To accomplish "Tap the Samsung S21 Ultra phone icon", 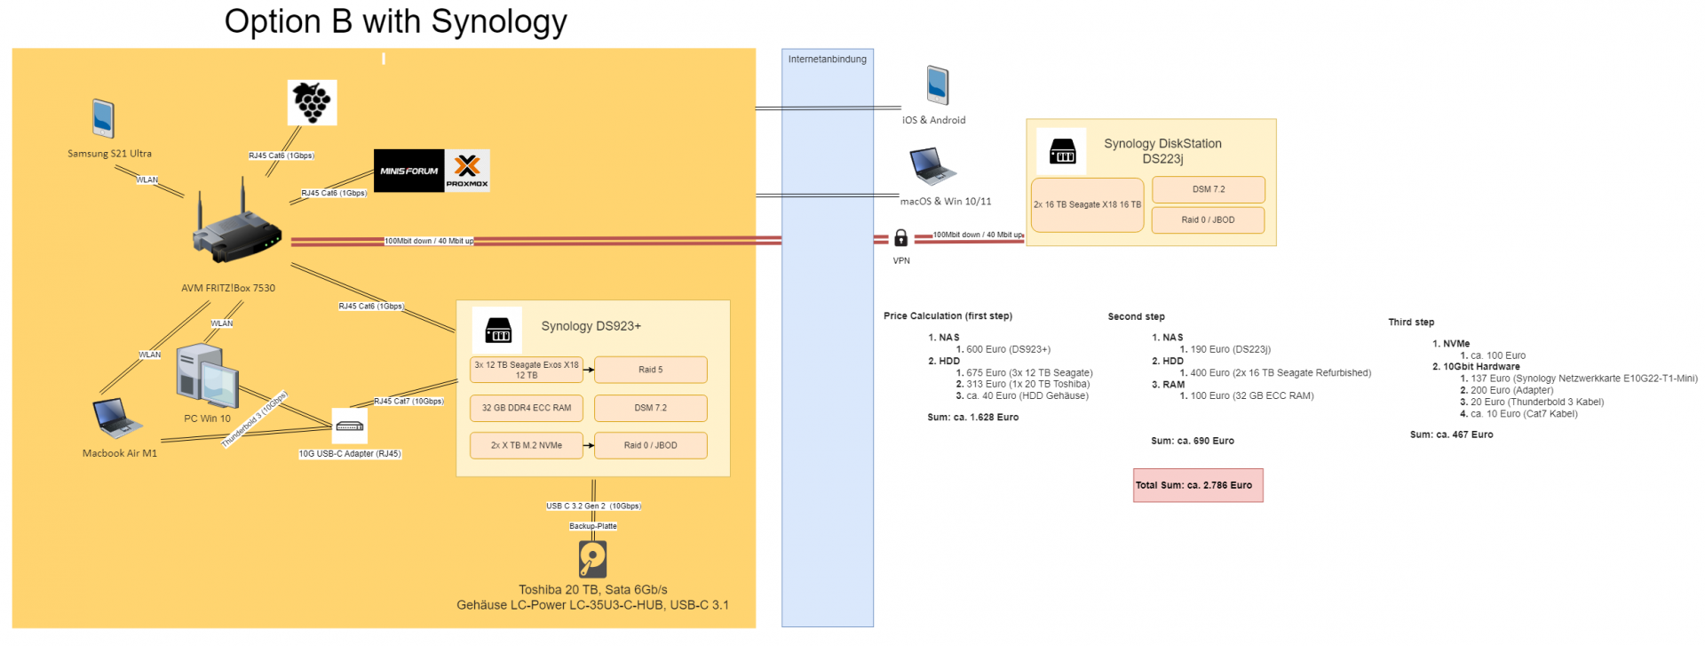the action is [103, 118].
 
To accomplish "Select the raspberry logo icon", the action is [312, 102].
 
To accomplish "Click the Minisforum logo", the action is [409, 171].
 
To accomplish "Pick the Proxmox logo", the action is [467, 171].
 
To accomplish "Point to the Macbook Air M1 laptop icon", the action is [117, 419].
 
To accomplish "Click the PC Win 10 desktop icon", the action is [207, 376].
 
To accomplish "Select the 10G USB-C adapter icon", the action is [350, 426].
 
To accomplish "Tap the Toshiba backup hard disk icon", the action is [592, 560].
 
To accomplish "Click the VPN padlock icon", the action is [900, 238].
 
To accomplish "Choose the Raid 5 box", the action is [651, 370].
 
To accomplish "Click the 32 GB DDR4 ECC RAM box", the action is [527, 408].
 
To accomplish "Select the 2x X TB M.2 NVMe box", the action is [527, 445].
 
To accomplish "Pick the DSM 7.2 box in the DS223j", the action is [1209, 189].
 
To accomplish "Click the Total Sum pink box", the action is [1198, 485].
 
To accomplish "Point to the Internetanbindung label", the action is [828, 60].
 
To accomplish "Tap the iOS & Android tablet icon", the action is [938, 85].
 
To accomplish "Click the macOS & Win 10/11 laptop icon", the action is [932, 166].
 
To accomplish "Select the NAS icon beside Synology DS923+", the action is [498, 330].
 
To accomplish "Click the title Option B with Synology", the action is [395, 21].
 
